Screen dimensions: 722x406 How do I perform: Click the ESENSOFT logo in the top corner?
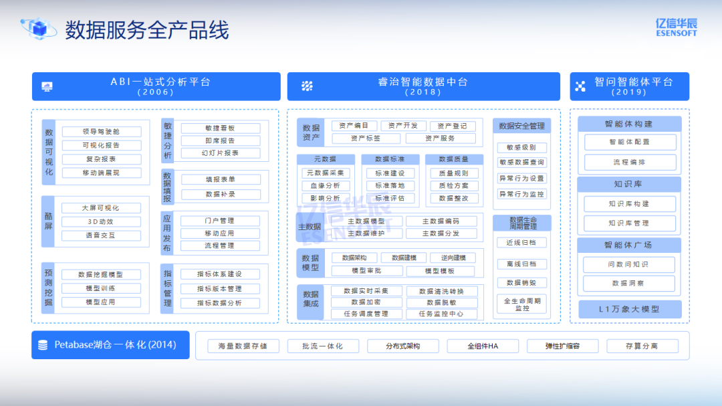pyautogui.click(x=676, y=27)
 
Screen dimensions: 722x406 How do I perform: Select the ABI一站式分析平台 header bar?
pyautogui.click(x=156, y=86)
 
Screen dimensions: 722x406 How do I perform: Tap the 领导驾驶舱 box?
pyautogui.click(x=102, y=132)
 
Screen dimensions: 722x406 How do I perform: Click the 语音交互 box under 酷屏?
pyautogui.click(x=102, y=235)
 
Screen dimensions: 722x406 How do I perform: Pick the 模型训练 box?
pyautogui.click(x=102, y=288)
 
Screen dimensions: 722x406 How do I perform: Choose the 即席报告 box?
pyautogui.click(x=220, y=140)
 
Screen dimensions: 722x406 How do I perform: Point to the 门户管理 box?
pyautogui.click(x=220, y=221)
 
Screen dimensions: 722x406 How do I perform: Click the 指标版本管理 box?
pyautogui.click(x=220, y=289)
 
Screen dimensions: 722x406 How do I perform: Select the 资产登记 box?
pyautogui.click(x=453, y=126)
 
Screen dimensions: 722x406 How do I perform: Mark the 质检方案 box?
pyautogui.click(x=454, y=185)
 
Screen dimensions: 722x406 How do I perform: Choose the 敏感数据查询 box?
pyautogui.click(x=521, y=163)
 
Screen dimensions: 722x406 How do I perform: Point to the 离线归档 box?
pyautogui.click(x=521, y=264)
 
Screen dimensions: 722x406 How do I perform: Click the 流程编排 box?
pyautogui.click(x=630, y=163)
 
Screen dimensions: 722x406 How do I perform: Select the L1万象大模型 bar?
pyautogui.click(x=630, y=310)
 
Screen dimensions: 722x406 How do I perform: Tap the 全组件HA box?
pyautogui.click(x=483, y=346)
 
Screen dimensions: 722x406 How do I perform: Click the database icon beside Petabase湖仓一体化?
pyautogui.click(x=43, y=345)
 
